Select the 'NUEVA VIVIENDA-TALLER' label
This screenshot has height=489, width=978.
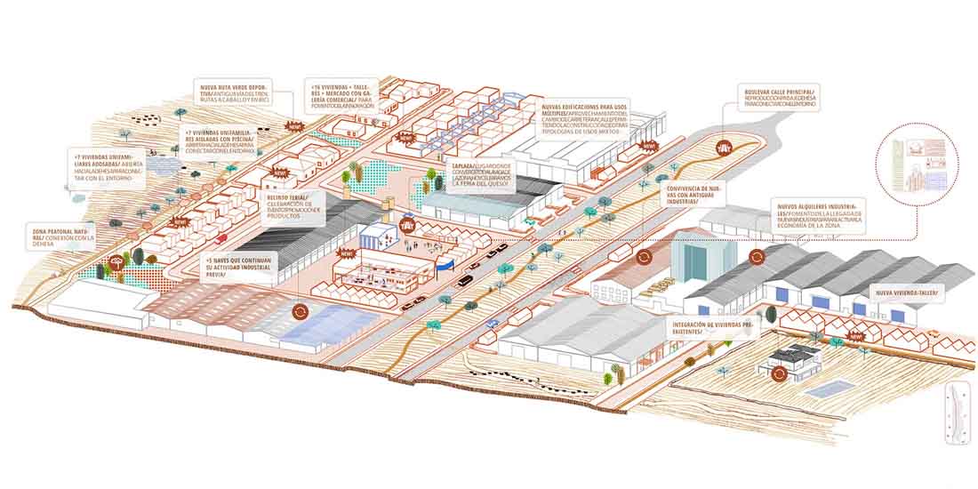coord(910,293)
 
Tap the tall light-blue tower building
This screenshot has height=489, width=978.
coord(689,259)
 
